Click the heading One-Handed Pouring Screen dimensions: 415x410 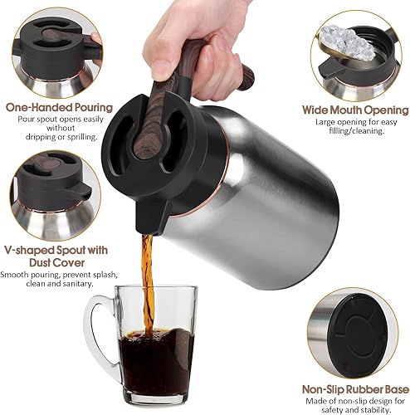[59, 107]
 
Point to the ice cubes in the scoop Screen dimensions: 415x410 [344, 38]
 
